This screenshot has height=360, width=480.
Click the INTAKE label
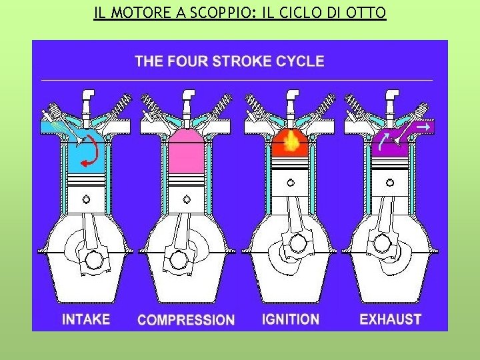(86, 319)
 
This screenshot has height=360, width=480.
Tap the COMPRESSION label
(186, 320)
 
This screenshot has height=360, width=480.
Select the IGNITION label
(290, 319)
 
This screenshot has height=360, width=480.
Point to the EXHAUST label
(390, 319)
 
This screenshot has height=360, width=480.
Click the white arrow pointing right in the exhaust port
(422, 125)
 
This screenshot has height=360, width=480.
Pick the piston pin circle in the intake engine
(87, 199)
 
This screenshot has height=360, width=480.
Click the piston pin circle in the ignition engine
(291, 182)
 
